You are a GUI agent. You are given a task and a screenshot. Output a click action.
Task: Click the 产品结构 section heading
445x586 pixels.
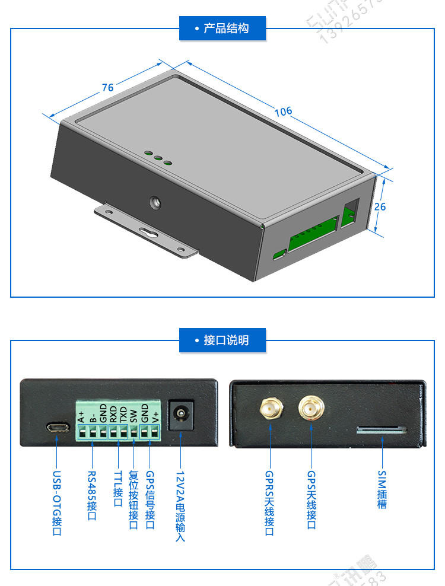click(223, 28)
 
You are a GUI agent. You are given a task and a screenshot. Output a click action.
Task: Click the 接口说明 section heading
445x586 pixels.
click(223, 340)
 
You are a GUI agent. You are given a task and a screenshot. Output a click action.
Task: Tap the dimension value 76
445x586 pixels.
click(107, 88)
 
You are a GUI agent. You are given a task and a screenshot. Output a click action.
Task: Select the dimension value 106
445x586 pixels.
click(283, 112)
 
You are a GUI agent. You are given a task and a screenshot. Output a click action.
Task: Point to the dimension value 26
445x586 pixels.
click(380, 206)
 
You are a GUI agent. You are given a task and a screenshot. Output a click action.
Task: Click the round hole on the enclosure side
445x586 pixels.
click(155, 203)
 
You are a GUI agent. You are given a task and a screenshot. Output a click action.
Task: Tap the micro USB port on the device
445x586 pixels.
click(57, 427)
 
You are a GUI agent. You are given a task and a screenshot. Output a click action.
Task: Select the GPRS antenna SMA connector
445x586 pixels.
click(270, 409)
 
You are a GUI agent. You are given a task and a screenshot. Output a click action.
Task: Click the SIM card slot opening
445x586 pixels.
click(382, 429)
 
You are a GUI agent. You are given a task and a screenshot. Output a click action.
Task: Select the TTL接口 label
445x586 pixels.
click(117, 490)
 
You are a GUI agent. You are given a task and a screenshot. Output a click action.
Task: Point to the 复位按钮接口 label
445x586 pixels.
click(133, 500)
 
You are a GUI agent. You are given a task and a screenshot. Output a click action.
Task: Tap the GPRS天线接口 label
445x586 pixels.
click(270, 504)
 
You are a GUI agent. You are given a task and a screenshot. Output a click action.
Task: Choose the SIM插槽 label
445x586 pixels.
click(382, 490)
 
